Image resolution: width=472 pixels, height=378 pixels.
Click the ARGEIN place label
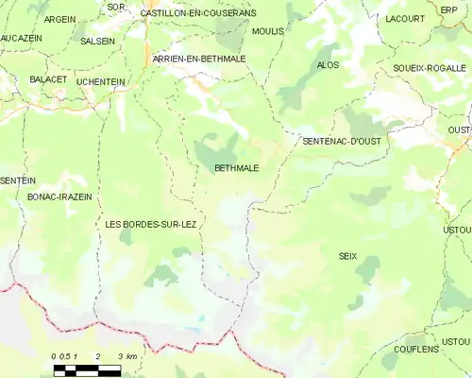[x=60, y=19]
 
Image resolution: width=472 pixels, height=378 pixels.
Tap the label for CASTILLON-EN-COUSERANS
[x=198, y=13]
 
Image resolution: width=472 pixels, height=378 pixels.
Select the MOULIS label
[x=269, y=31]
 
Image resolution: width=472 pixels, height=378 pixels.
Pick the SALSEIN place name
[x=98, y=42]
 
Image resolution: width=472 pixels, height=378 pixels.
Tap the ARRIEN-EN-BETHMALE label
[x=199, y=59]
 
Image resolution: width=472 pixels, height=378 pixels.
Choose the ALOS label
[x=329, y=65]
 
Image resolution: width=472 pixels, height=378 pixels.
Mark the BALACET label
[x=48, y=80]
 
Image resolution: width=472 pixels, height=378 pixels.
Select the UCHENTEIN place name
[x=101, y=82]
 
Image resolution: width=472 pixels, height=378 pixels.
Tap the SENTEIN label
[x=18, y=180]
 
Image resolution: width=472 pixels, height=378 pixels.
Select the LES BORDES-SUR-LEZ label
[x=151, y=223]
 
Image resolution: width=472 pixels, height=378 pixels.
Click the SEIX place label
[x=347, y=256]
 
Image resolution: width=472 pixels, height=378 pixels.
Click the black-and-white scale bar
[x=87, y=369]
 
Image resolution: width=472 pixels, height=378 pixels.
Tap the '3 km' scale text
[x=128, y=356]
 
